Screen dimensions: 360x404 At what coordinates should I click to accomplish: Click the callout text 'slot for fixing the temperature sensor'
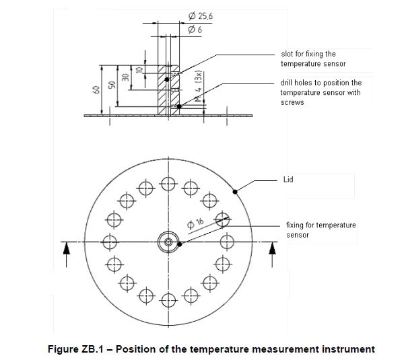point(313,59)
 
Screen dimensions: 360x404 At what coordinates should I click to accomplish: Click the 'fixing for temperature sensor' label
point(321,229)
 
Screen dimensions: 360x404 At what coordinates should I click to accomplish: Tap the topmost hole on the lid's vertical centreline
point(168,182)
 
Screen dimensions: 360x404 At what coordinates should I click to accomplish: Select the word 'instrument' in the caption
point(343,349)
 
